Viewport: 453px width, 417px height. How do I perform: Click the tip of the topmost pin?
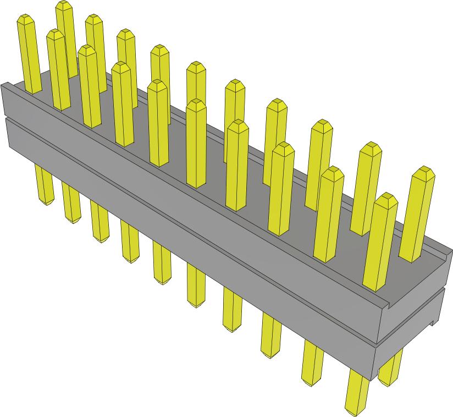(64, 6)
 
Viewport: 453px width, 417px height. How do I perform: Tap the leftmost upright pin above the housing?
(30, 55)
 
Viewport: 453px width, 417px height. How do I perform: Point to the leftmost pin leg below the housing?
(44, 185)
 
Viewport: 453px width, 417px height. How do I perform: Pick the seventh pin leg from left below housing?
(233, 311)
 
